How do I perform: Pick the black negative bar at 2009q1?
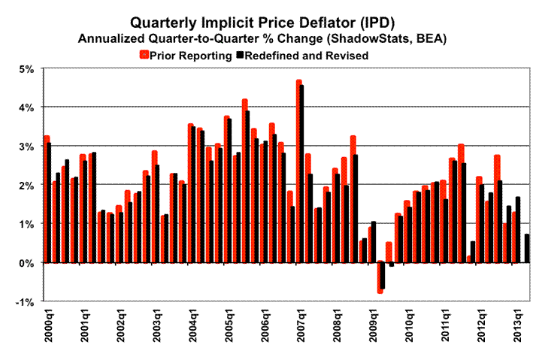click(x=383, y=276)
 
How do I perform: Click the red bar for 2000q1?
click(x=46, y=199)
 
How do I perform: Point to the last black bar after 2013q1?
click(x=527, y=249)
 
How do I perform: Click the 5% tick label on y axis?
click(x=26, y=69)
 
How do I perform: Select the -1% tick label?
click(x=25, y=302)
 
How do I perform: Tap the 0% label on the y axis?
click(x=26, y=263)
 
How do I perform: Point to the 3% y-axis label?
click(x=26, y=147)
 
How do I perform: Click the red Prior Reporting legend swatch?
click(x=144, y=54)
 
